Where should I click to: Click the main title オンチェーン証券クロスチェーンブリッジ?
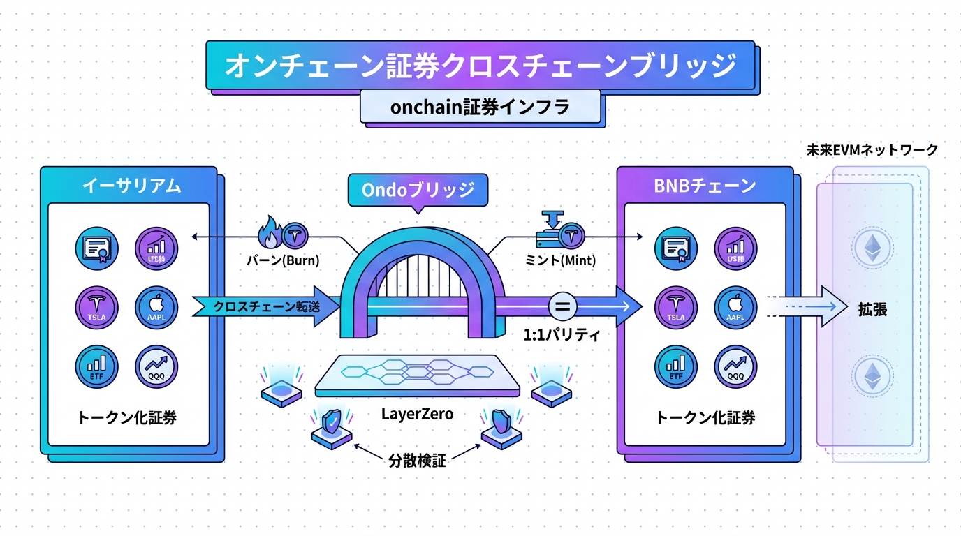click(x=480, y=66)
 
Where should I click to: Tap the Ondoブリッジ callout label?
click(x=418, y=190)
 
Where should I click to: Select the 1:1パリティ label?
click(x=562, y=334)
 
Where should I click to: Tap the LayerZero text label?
click(x=417, y=414)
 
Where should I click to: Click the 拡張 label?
click(x=872, y=310)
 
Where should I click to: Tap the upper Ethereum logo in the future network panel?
click(x=873, y=249)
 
